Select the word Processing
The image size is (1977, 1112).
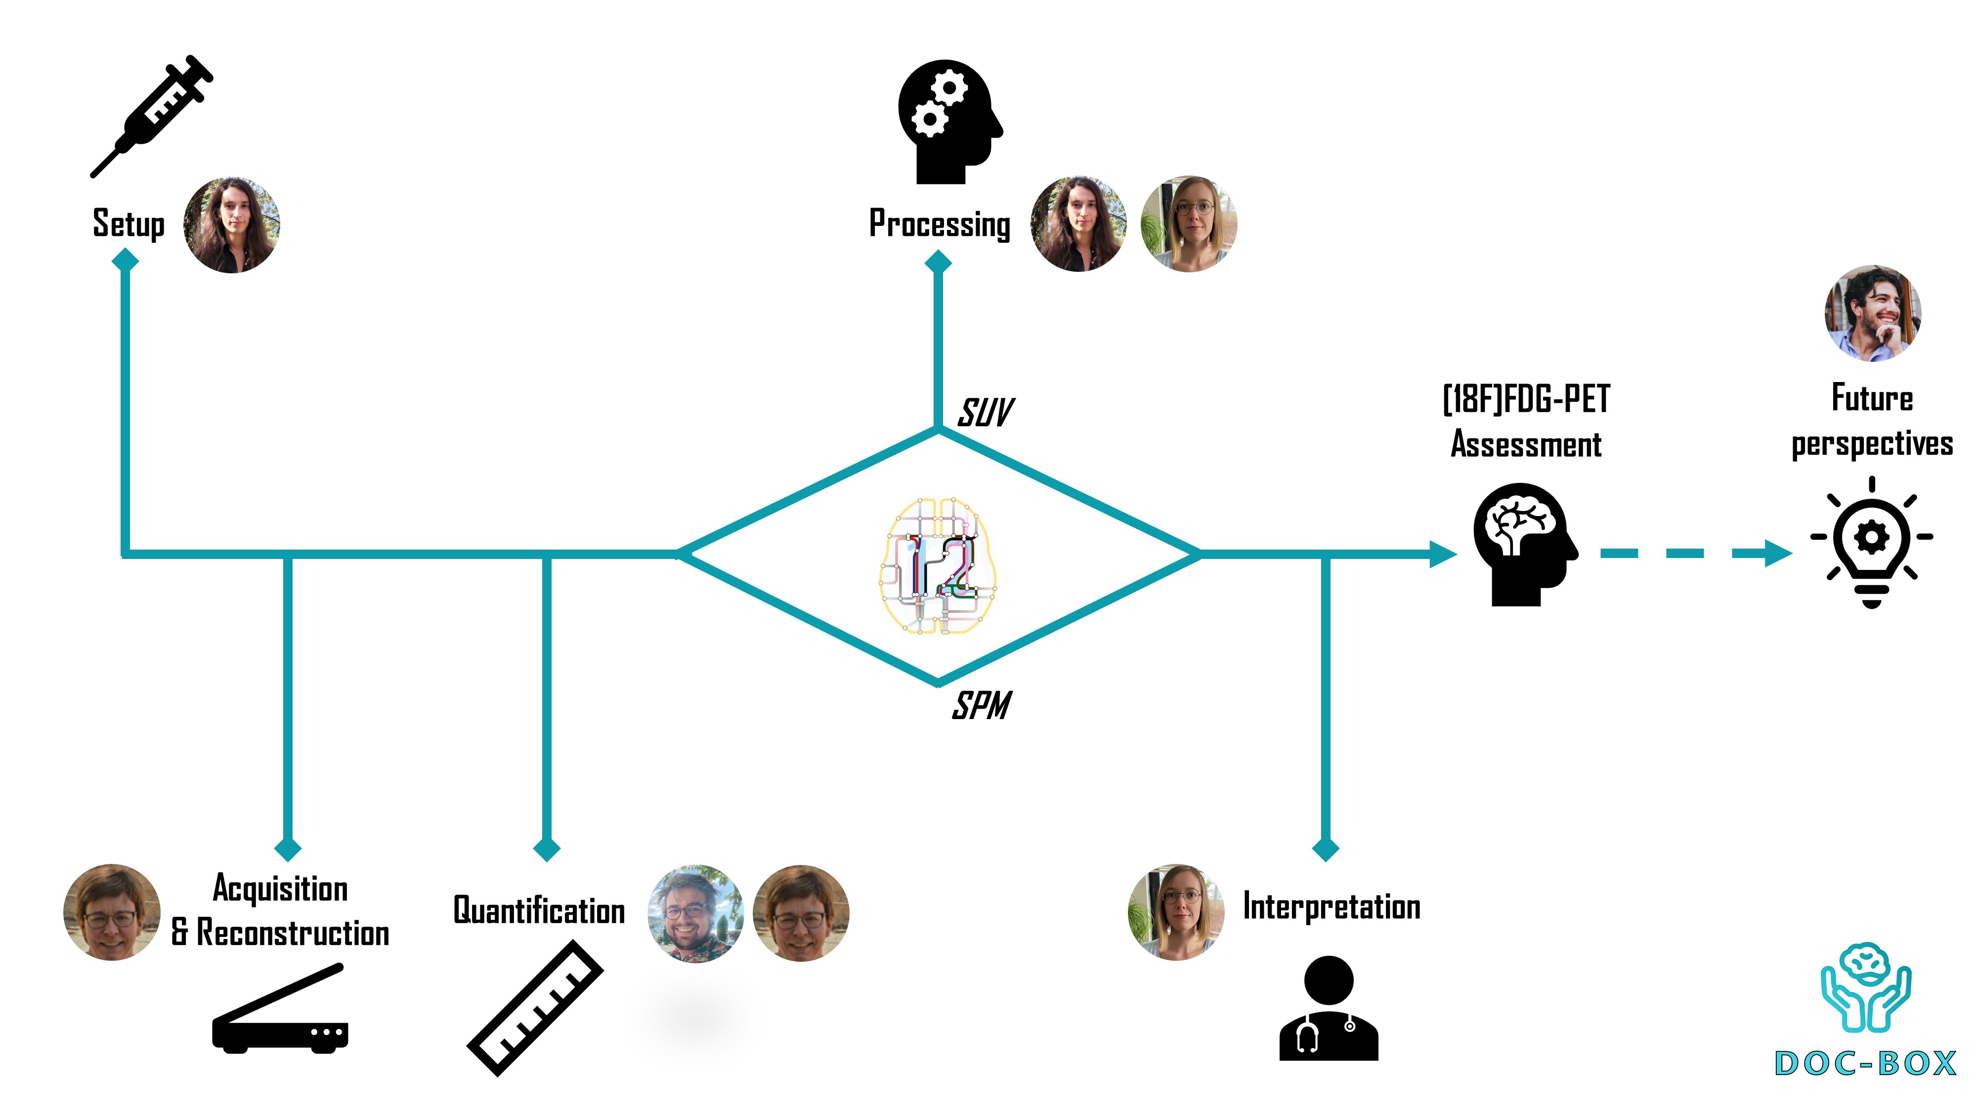pyautogui.click(x=940, y=224)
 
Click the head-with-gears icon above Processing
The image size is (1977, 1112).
pyautogui.click(x=948, y=121)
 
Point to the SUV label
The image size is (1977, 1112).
pyautogui.click(x=986, y=413)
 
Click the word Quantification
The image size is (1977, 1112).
pyautogui.click(x=539, y=910)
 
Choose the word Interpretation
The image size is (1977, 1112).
pyautogui.click(x=1332, y=907)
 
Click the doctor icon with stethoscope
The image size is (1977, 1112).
pyautogui.click(x=1329, y=1008)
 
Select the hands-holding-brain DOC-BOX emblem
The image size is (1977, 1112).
pyautogui.click(x=1866, y=987)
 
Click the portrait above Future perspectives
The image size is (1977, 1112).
pyautogui.click(x=1873, y=313)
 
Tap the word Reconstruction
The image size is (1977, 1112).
pyautogui.click(x=293, y=933)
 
